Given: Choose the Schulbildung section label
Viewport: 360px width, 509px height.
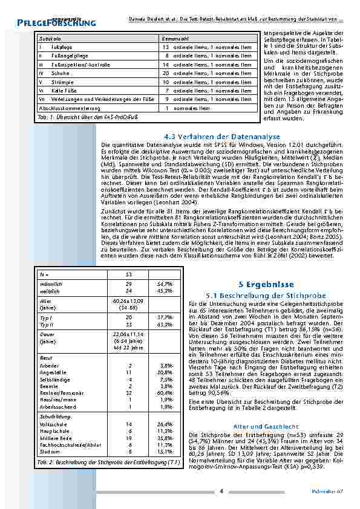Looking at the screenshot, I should point(53,417).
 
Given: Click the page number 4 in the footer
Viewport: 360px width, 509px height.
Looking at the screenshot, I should point(222,491).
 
